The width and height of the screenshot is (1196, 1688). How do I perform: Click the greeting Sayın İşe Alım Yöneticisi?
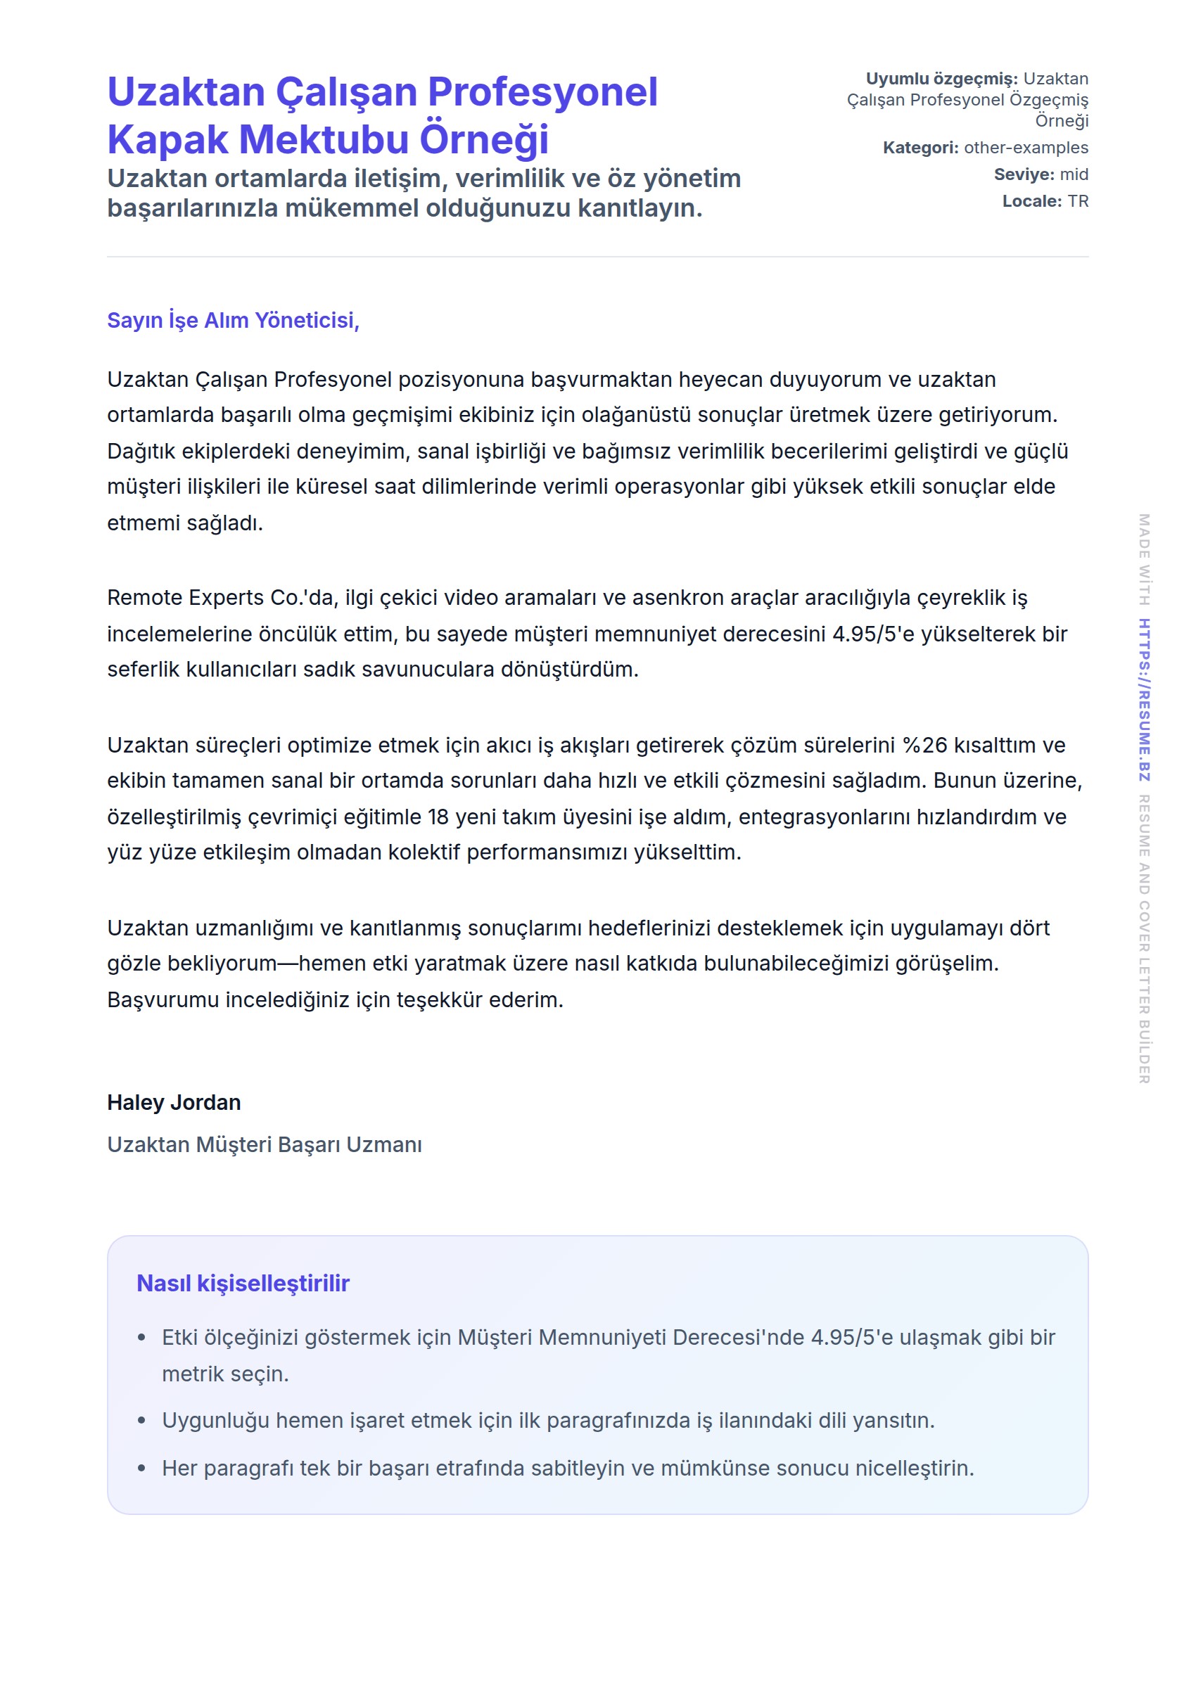[233, 320]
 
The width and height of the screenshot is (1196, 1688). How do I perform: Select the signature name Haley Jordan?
[174, 1102]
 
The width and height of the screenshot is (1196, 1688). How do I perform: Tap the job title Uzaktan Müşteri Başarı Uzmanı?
[265, 1144]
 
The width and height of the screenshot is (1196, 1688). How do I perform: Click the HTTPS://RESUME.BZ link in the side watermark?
[1144, 699]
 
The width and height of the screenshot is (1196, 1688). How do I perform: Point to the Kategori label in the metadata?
[920, 147]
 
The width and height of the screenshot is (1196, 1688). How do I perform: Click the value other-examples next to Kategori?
[1025, 147]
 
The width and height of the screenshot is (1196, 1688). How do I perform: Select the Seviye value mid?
[1074, 174]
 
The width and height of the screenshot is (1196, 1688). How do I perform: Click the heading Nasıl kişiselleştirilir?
[243, 1283]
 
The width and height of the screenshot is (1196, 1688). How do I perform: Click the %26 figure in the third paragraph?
[924, 745]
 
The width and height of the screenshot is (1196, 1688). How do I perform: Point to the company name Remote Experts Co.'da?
[222, 597]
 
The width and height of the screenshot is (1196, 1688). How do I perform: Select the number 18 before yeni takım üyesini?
[438, 817]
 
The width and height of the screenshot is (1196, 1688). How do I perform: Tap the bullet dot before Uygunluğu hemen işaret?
[141, 1421]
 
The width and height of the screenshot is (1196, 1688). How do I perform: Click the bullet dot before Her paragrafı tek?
[141, 1469]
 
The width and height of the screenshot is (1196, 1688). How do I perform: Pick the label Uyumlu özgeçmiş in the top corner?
[941, 79]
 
